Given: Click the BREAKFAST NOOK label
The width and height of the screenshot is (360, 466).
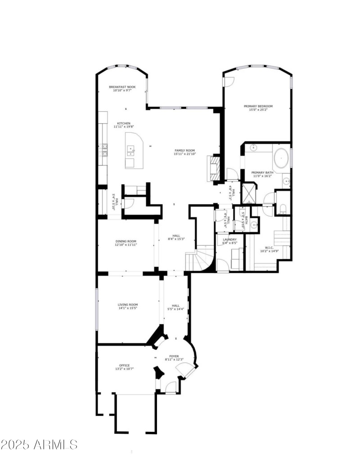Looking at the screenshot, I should tap(122, 87).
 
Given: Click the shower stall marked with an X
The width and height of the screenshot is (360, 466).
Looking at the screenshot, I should tap(248, 193).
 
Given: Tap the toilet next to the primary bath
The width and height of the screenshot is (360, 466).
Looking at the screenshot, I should tap(282, 208).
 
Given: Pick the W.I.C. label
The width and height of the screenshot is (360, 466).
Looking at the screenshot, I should tap(269, 247).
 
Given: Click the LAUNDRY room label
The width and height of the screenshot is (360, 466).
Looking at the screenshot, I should tap(229, 239).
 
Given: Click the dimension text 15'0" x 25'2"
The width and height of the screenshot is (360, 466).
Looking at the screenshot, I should tap(258, 110).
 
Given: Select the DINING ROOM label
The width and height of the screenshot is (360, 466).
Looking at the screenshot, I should tap(126, 241).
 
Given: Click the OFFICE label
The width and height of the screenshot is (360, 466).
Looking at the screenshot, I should tap(124, 365).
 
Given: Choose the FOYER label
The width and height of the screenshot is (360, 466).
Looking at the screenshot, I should tap(174, 356).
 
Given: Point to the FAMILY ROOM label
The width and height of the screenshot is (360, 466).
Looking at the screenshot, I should tap(184, 150).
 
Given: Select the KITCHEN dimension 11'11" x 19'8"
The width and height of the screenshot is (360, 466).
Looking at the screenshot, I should tap(124, 127).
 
